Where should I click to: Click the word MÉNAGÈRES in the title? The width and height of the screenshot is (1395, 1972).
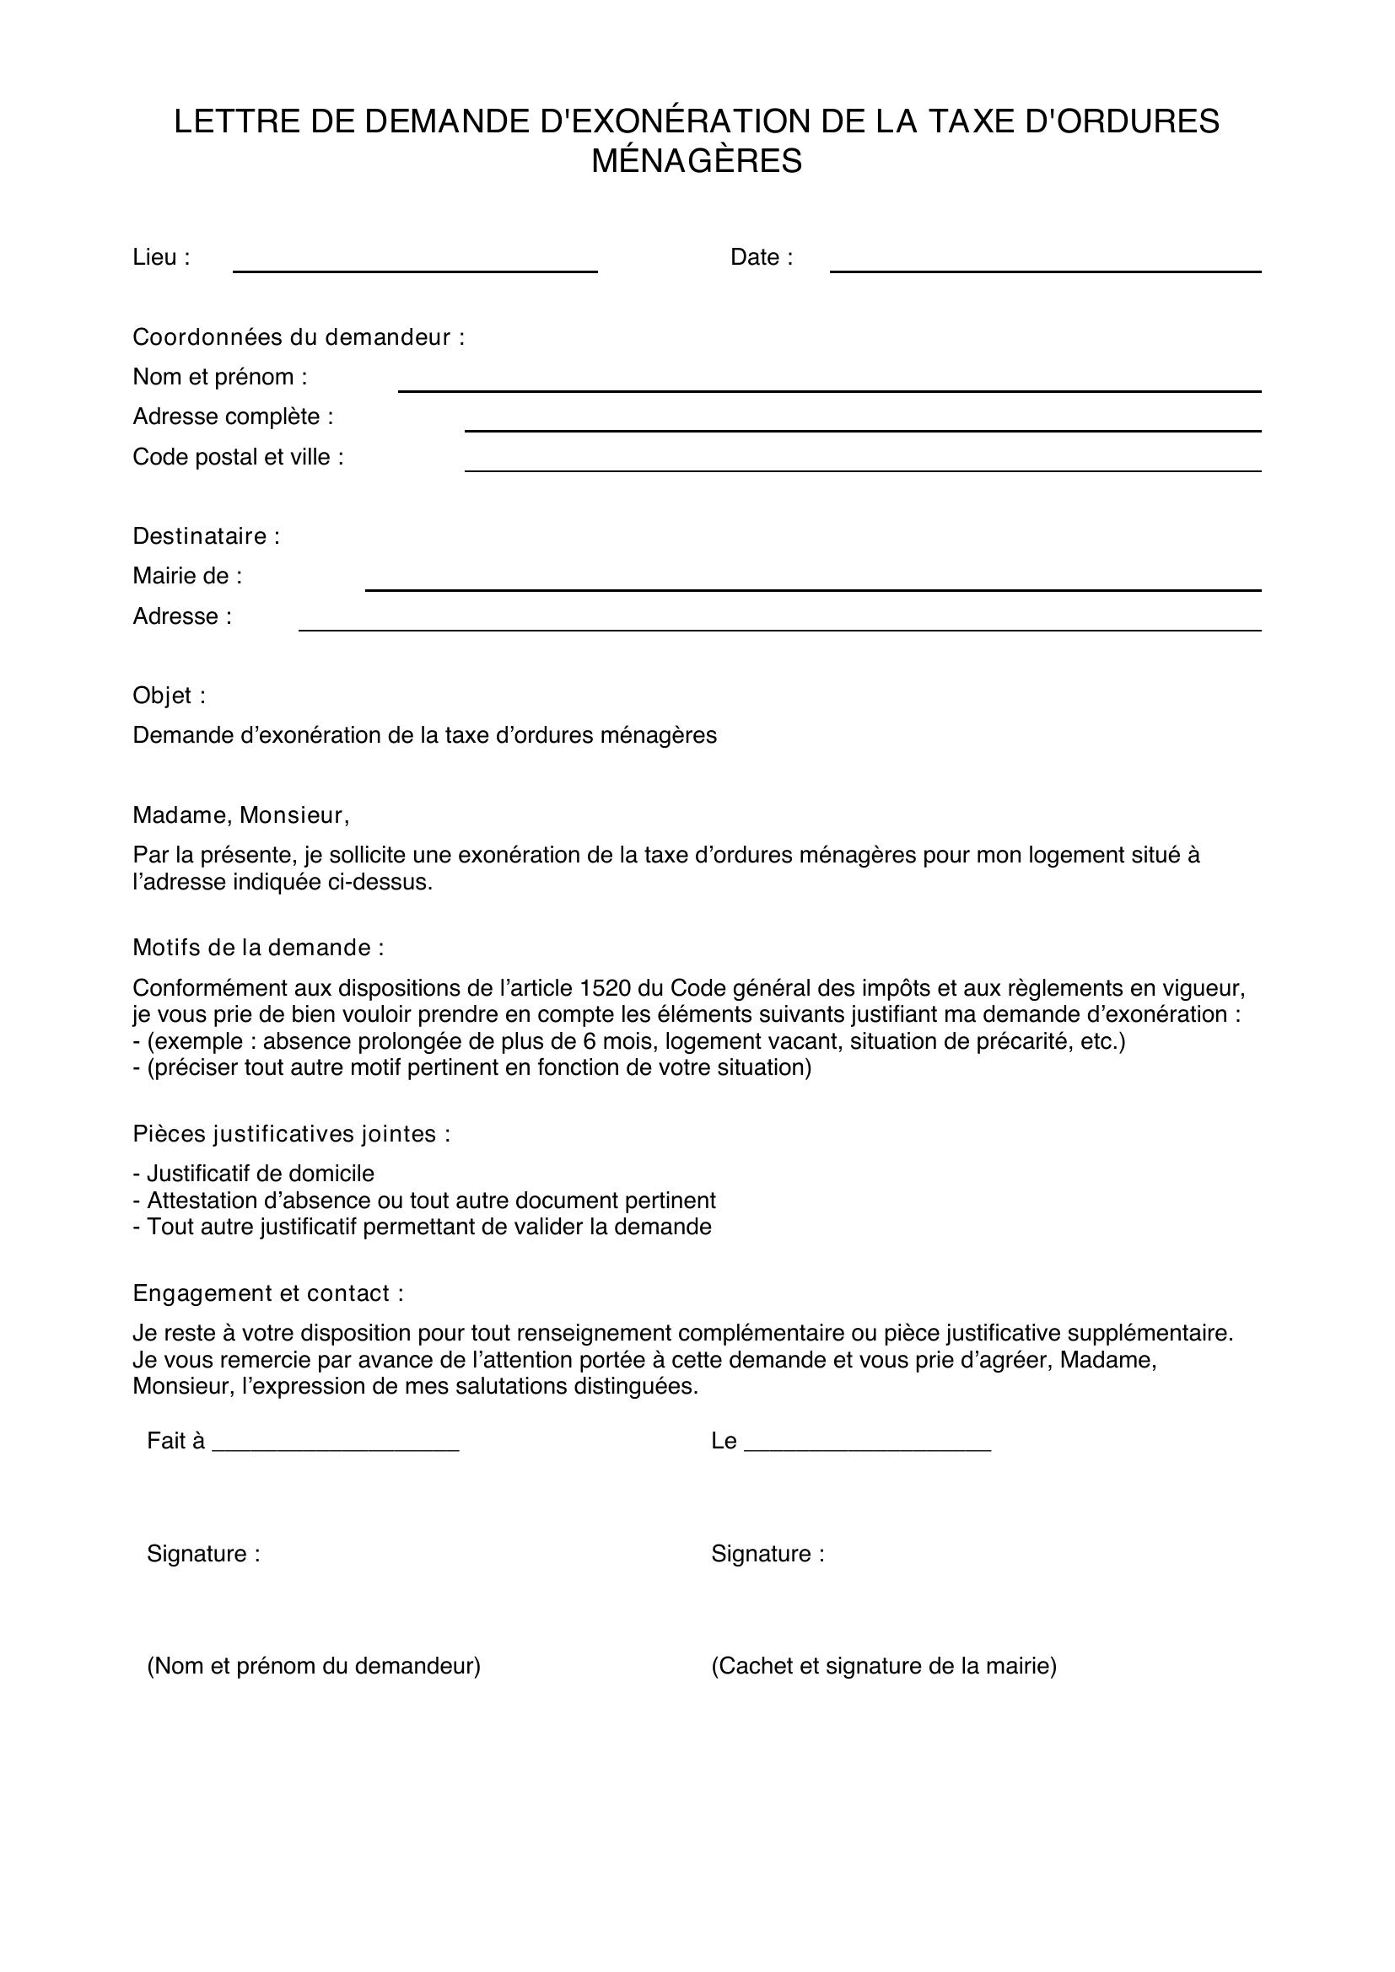(697, 162)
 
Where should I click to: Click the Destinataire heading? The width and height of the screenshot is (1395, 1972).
(206, 536)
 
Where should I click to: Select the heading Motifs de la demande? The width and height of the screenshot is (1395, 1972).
(258, 948)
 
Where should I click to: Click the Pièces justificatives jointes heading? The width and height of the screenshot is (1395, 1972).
(291, 1134)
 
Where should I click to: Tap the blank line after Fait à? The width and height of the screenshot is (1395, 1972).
(335, 1447)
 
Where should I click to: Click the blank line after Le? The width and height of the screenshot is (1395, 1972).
(868, 1447)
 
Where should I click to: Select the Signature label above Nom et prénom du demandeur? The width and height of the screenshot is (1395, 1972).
(203, 1554)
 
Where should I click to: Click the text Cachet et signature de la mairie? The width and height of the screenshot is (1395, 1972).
(884, 1666)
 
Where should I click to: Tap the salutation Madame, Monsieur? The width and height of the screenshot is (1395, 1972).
(240, 815)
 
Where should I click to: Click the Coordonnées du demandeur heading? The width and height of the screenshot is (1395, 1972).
(298, 337)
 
